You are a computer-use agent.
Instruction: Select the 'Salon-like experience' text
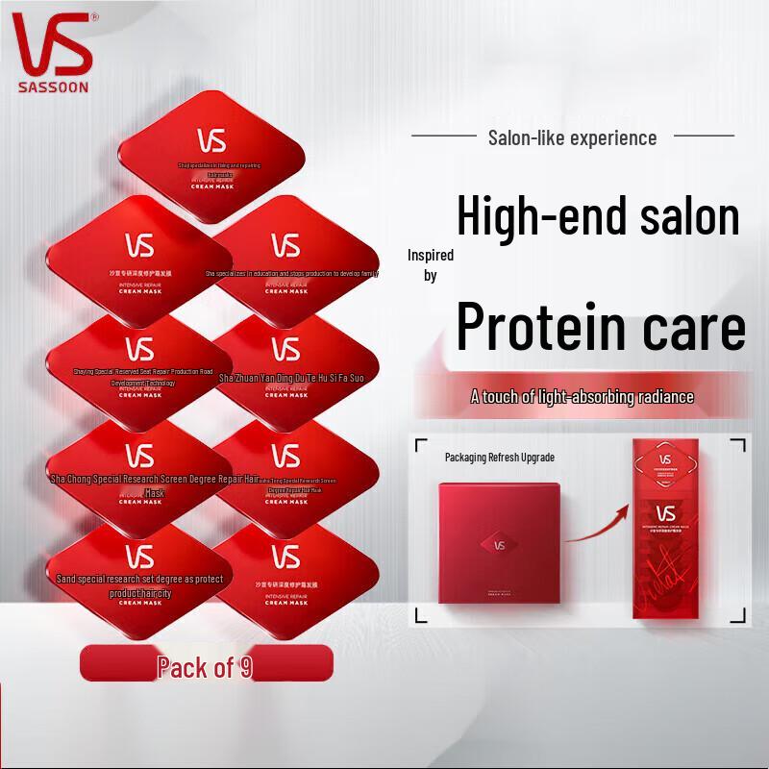[572, 137]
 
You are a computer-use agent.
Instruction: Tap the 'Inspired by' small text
[430, 265]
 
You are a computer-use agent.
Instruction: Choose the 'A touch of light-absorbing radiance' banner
[582, 396]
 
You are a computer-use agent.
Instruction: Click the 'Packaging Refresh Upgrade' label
[499, 458]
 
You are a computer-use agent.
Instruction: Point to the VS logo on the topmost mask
[211, 140]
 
